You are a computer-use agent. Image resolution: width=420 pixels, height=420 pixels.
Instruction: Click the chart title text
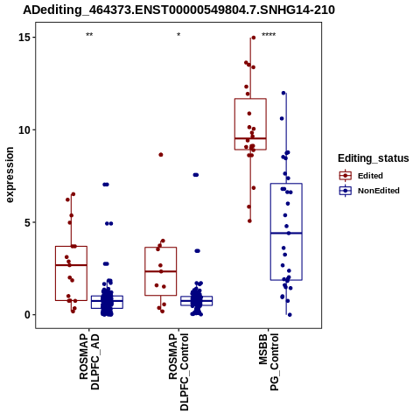(178, 10)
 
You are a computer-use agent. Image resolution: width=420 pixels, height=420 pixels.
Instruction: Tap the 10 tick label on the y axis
(24, 130)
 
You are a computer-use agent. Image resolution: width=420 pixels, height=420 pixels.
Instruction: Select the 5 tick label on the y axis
(27, 222)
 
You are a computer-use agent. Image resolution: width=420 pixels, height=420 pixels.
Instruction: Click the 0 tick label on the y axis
(27, 315)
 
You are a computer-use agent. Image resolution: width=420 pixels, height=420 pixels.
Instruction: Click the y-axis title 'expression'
(10, 175)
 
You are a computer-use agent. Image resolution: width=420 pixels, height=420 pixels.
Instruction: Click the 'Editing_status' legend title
(374, 158)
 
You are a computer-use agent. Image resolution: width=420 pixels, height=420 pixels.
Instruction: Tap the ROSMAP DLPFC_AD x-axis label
(89, 362)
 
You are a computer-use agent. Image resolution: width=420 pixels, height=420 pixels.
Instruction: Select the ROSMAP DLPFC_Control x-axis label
(178, 372)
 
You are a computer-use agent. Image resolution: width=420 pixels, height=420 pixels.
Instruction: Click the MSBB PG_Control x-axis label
(269, 362)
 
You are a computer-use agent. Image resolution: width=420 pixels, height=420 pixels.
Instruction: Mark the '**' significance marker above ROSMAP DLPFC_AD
(89, 35)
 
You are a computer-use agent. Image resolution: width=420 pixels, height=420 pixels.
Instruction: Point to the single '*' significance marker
(178, 35)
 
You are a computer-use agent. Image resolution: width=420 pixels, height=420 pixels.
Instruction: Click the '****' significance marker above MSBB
(269, 35)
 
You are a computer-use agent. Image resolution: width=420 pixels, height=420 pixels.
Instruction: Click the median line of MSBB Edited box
(250, 138)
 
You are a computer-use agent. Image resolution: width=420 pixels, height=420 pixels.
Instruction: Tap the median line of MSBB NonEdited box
(286, 233)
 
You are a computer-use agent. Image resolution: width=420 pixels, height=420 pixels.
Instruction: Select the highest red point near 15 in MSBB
(254, 38)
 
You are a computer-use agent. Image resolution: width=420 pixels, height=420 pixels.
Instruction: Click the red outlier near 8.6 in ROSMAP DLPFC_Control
(161, 155)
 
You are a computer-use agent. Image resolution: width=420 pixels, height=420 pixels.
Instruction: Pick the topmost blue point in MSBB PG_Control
(283, 93)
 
